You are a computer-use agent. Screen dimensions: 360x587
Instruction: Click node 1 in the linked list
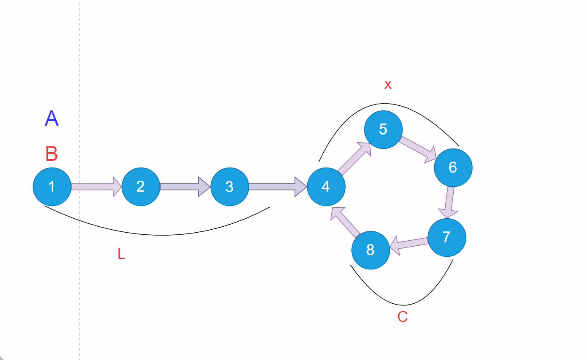(52, 187)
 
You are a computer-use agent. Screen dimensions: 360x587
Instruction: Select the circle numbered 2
(141, 187)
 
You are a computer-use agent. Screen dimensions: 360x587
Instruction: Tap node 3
(229, 187)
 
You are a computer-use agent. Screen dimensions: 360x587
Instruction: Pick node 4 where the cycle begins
(326, 187)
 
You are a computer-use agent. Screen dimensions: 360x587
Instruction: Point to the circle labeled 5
(383, 129)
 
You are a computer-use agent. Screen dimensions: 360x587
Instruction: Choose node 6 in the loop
(453, 168)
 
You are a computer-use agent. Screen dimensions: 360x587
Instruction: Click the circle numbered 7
(447, 237)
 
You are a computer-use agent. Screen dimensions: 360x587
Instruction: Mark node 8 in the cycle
(371, 250)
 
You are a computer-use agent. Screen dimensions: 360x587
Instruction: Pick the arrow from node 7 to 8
(409, 244)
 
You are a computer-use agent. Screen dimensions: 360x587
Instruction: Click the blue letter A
(52, 118)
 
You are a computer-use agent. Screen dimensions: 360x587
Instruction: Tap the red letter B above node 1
(52, 154)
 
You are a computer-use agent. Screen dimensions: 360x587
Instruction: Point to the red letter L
(121, 254)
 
